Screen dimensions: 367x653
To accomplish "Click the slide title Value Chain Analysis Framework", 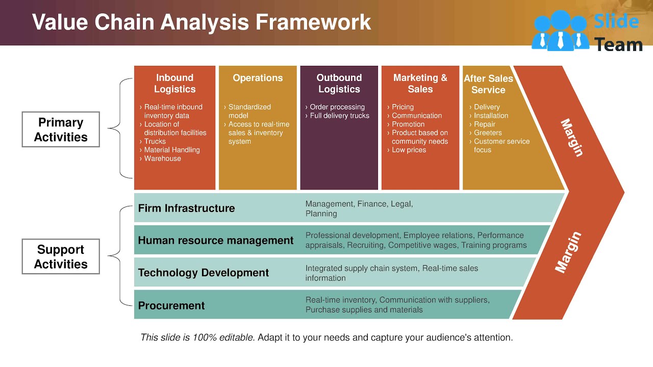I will [202, 22].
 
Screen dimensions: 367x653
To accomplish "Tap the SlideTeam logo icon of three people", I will [560, 31].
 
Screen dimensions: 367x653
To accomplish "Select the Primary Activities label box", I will [61, 129].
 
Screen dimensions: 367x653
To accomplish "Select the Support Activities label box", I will [61, 256].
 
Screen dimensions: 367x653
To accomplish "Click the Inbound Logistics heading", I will [174, 84].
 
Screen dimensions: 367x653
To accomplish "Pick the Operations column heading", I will [258, 78].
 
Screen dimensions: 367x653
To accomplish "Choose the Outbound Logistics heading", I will [339, 84].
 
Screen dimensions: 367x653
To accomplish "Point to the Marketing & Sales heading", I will [420, 84].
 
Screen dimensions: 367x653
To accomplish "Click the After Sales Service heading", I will [488, 84].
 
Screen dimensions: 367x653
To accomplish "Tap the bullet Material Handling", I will [171, 150].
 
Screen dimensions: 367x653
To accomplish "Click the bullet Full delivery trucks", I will [339, 116].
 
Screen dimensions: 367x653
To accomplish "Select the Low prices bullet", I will [409, 150].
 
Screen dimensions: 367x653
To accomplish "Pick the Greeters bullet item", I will [488, 133].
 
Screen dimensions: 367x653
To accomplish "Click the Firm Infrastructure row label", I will [186, 208].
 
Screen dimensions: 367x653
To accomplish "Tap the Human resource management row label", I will [215, 241].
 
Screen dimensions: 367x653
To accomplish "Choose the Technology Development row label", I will [203, 273].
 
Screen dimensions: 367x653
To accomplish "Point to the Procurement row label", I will [171, 305].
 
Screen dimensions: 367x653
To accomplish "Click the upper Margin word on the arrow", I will [571, 138].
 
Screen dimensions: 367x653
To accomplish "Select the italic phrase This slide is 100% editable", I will [197, 337].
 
